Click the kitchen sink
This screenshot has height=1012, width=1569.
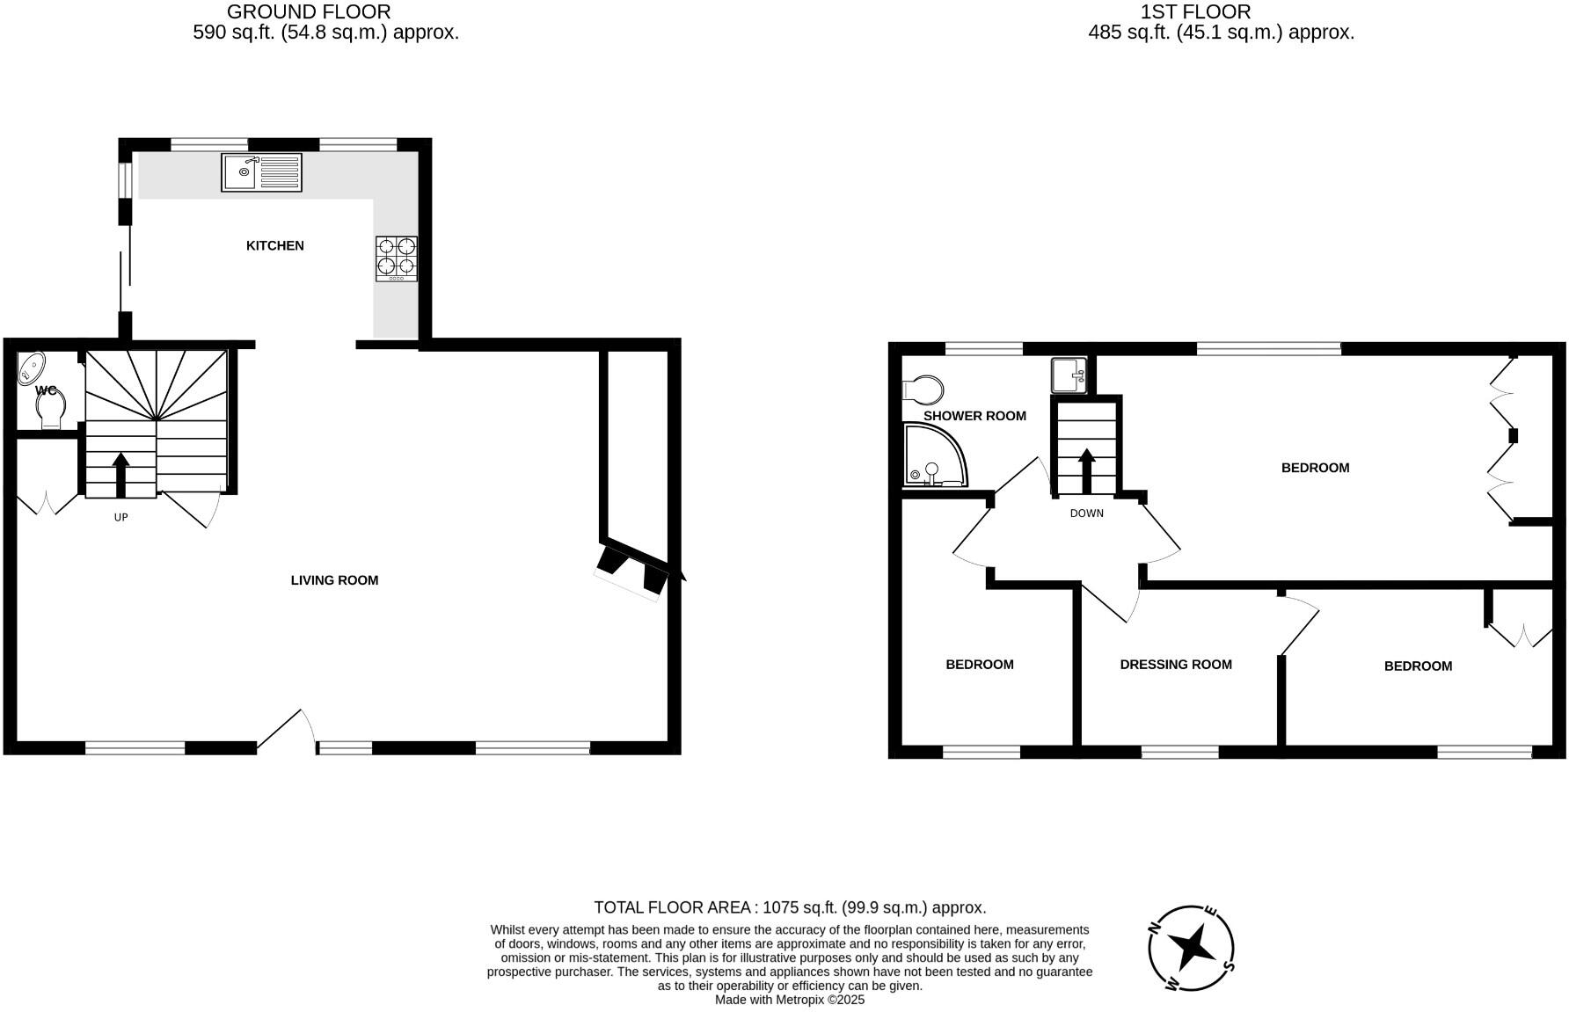pyautogui.click(x=261, y=172)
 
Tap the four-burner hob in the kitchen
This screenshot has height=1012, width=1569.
pyautogui.click(x=397, y=258)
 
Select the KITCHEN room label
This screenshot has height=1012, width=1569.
pyautogui.click(x=275, y=245)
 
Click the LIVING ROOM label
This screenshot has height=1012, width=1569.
pyautogui.click(x=334, y=580)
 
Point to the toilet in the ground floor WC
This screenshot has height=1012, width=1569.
pyautogui.click(x=51, y=408)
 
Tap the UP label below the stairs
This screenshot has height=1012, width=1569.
pyautogui.click(x=121, y=517)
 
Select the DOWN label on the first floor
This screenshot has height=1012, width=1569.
pyautogui.click(x=1087, y=513)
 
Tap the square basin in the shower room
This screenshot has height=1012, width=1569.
pyautogui.click(x=1069, y=375)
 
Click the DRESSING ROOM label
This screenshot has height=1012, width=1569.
pyautogui.click(x=1176, y=665)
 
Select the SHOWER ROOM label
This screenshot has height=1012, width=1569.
pyautogui.click(x=974, y=416)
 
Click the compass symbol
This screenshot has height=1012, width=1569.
pyautogui.click(x=1192, y=949)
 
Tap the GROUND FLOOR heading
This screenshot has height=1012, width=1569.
pyautogui.click(x=309, y=12)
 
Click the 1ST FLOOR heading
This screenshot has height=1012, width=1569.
pyautogui.click(x=1195, y=12)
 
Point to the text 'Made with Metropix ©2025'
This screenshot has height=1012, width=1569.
pyautogui.click(x=790, y=1000)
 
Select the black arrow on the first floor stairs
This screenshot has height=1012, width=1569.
pyautogui.click(x=1087, y=470)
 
